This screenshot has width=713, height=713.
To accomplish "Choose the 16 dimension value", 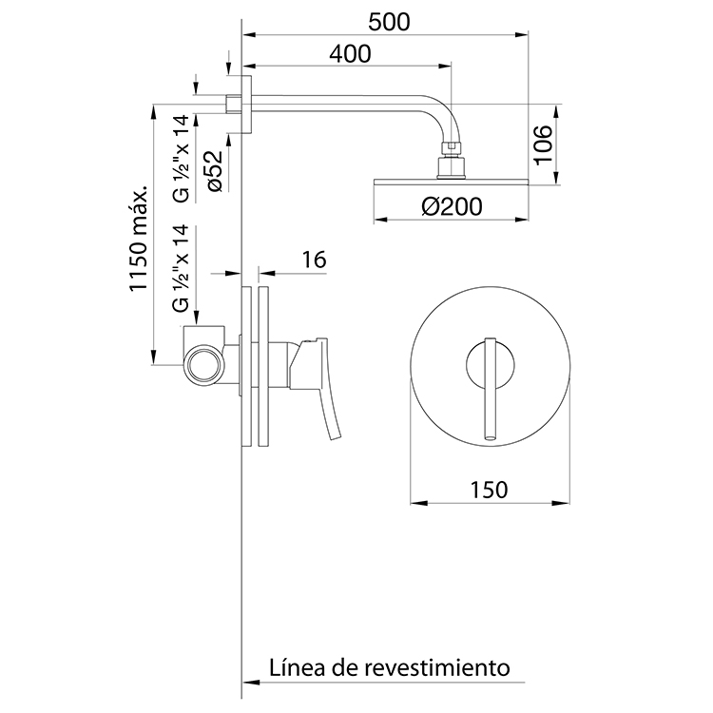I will [x=312, y=260].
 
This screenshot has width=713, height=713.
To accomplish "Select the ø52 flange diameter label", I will [x=214, y=171].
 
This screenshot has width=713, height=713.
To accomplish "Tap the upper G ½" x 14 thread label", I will [x=181, y=157].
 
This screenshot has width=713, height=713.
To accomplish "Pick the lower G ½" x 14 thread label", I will [x=181, y=269].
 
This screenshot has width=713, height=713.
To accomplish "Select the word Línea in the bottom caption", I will [x=295, y=665].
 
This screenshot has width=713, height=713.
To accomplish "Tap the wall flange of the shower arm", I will [x=246, y=104].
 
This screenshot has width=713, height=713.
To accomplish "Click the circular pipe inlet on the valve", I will [x=202, y=364].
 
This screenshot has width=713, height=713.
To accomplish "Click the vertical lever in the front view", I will [x=491, y=390].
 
